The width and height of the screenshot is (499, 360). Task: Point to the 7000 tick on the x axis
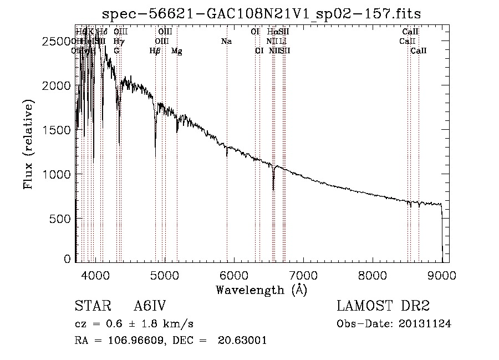coord(303,276)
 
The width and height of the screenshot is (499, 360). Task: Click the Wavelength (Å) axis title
coord(261,290)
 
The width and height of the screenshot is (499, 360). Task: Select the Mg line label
coord(177,51)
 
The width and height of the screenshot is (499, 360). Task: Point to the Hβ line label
coord(155,51)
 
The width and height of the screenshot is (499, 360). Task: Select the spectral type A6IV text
coord(150,307)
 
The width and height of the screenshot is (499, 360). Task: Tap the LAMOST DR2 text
coord(383,307)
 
